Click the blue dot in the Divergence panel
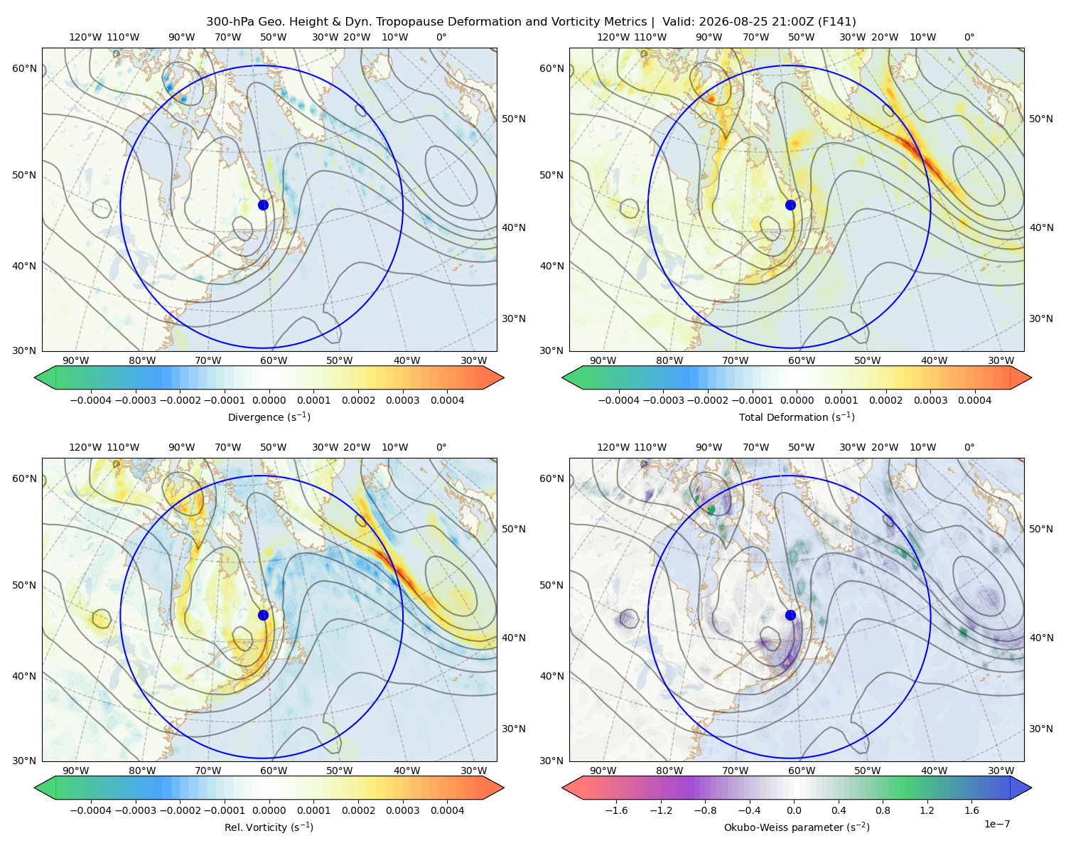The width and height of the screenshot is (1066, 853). click(263, 205)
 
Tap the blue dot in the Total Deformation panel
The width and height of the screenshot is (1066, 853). click(790, 205)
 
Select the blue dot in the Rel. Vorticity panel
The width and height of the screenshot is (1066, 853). click(263, 615)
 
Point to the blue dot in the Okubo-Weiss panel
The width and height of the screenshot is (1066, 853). click(790, 615)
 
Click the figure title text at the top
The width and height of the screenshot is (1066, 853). click(531, 22)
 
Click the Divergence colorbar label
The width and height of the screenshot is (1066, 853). click(269, 417)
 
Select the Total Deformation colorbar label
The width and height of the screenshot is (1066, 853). click(797, 417)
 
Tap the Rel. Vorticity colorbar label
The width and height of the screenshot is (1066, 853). click(269, 827)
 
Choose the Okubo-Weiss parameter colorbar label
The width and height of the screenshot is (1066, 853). click(797, 827)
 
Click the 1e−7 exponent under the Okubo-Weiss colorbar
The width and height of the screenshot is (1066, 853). click(996, 824)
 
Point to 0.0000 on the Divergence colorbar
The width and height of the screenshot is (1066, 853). click(269, 400)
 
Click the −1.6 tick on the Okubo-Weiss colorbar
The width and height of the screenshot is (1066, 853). click(616, 810)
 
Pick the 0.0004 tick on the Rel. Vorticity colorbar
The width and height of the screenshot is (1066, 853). click(447, 810)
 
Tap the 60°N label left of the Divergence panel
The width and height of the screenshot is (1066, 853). click(24, 68)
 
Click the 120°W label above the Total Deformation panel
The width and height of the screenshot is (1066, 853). click(613, 37)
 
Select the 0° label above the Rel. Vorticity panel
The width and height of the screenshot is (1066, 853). click(441, 447)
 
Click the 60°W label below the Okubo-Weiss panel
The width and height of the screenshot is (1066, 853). click(801, 771)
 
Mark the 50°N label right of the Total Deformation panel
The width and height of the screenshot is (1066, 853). click(1040, 119)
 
